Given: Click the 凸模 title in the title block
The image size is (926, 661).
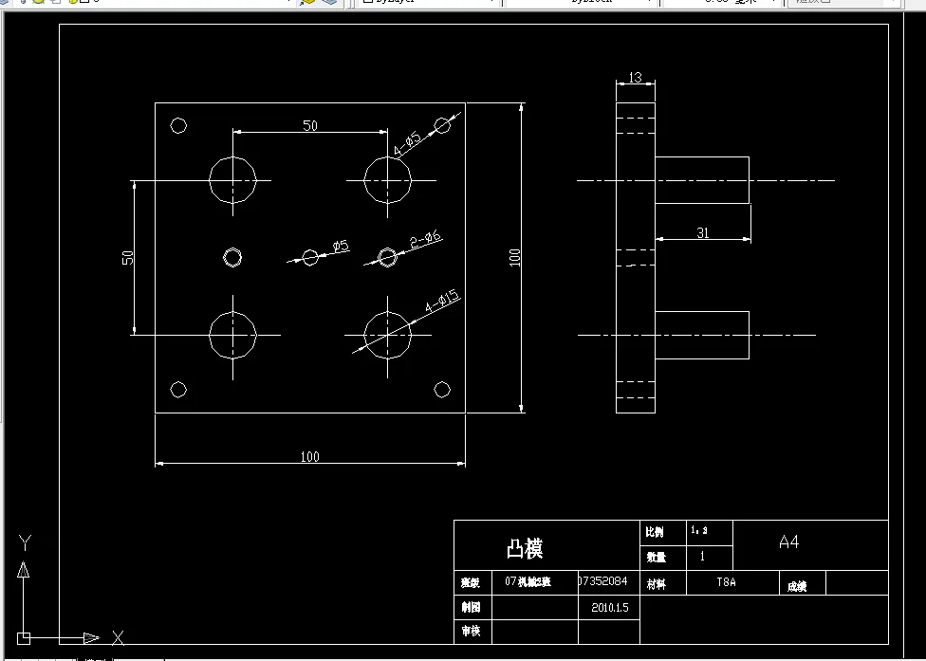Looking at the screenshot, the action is coord(525,548).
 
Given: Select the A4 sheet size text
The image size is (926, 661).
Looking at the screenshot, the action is coord(788,542).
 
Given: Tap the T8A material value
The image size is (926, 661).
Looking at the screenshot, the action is coord(726,583).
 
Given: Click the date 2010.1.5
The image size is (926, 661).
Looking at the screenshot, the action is coord(609,607).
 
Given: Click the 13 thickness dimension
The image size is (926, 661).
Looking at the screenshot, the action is coord(635,77).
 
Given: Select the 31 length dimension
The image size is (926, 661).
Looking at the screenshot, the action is coord(702,232).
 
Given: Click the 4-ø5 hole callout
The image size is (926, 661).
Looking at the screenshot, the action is coord(407,143).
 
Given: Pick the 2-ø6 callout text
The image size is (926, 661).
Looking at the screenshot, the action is coord(426,242).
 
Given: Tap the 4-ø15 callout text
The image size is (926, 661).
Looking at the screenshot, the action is coord(442,302).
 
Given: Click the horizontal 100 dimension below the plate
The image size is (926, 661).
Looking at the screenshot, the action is coord(309,456).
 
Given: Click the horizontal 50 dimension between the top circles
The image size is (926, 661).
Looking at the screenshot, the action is coord(310,125).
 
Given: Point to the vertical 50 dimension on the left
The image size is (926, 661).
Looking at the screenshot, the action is coord(127,257).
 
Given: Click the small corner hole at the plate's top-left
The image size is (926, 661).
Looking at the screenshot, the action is coord(177,125).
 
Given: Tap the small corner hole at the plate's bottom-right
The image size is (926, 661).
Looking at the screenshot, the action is coord(442,389).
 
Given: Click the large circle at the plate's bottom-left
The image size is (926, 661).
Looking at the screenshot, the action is coord(232,335).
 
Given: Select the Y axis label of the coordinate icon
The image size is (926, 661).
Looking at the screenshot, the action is coord(26,542).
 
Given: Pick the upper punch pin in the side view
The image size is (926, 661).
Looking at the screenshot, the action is coord(702,180).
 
